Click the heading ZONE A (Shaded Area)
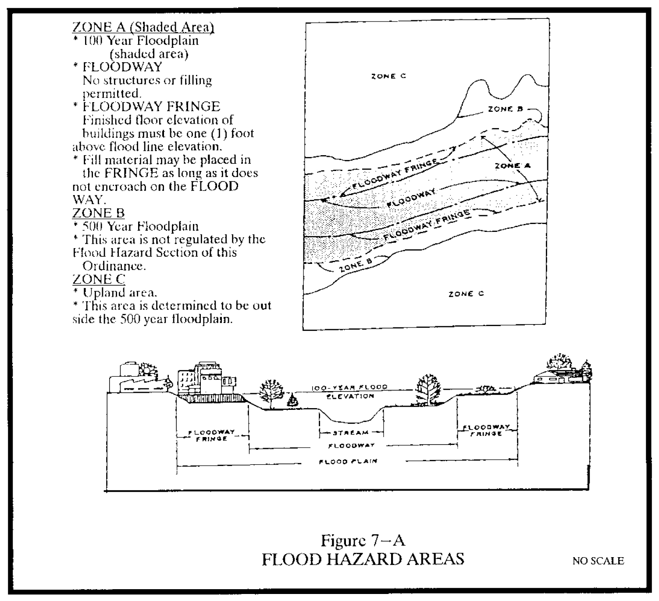pos(143,27)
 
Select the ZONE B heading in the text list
pos(98,213)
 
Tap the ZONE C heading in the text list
pos(99,279)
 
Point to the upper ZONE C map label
pos(388,76)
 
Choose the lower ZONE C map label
pos(466,294)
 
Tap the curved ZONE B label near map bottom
pos(356,265)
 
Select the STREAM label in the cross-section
pos(351,433)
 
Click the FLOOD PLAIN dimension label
pos(348,461)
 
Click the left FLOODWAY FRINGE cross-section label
pos(212,435)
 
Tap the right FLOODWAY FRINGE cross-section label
pos(486,430)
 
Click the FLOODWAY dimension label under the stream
pos(352,445)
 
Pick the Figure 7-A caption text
pos(363,541)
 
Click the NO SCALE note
pos(598,561)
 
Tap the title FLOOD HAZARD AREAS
pos(363,559)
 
